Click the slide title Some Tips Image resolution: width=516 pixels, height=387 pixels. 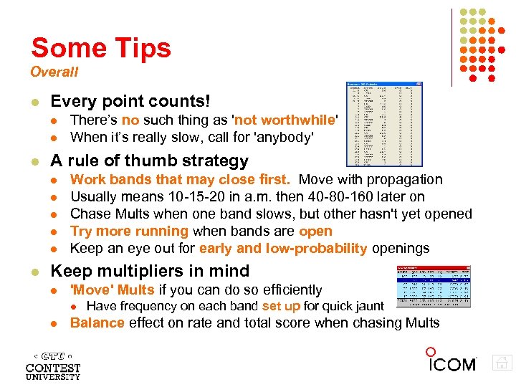point(101,48)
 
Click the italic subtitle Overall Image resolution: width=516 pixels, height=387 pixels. point(54,72)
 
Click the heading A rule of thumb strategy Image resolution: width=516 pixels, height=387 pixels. point(150,161)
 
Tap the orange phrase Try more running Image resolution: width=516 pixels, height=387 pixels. point(129,231)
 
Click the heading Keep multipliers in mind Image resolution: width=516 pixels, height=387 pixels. point(150,271)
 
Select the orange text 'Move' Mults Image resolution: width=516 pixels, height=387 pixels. point(113,290)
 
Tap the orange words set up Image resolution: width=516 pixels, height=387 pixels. point(281,306)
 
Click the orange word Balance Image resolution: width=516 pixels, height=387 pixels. point(97,322)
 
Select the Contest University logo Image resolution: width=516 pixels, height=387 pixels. point(53,365)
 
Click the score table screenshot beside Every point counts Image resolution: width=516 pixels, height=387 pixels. point(384,124)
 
